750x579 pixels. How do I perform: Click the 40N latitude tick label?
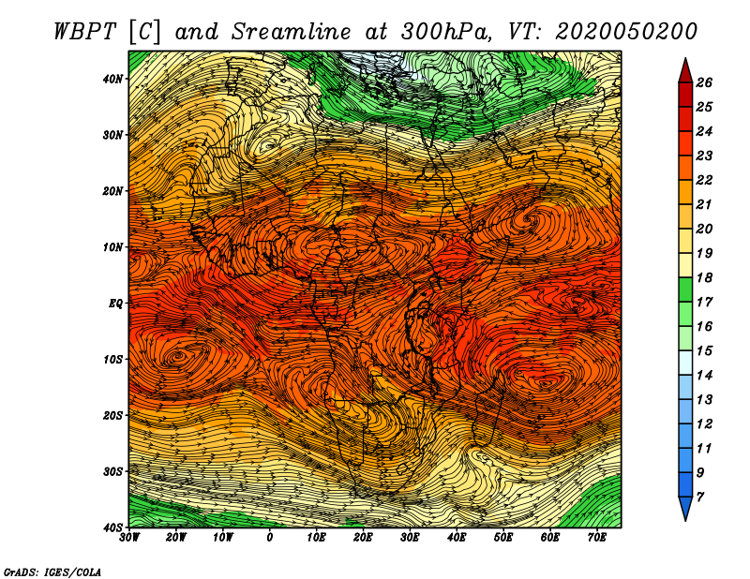[x=112, y=79]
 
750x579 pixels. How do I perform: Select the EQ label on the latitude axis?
[x=115, y=304]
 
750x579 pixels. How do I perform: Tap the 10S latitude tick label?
[x=112, y=360]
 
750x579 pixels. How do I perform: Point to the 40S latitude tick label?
[x=112, y=527]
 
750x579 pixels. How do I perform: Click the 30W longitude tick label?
[x=129, y=538]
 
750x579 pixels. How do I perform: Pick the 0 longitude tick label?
[x=270, y=538]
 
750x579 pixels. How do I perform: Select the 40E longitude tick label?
[x=457, y=538]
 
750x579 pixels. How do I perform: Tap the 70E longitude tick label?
[x=596, y=538]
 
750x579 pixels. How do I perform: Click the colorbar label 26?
[x=704, y=82]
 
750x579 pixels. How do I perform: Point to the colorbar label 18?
[x=704, y=277]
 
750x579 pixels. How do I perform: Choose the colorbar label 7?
[x=700, y=497]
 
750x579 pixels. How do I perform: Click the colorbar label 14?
[x=704, y=376]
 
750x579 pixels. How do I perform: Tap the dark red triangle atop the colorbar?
[x=685, y=70]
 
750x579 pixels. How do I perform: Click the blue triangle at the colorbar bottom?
[x=685, y=509]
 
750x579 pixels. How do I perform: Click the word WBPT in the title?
[x=85, y=32]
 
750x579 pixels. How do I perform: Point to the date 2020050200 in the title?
[x=626, y=32]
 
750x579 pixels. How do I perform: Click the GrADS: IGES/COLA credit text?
[x=52, y=572]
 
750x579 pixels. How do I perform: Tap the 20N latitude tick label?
[x=112, y=191]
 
